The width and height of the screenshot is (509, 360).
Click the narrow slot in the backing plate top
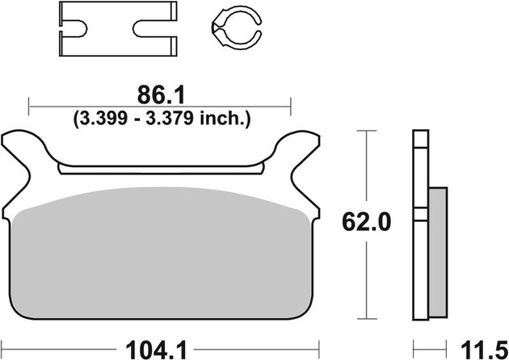162,170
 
